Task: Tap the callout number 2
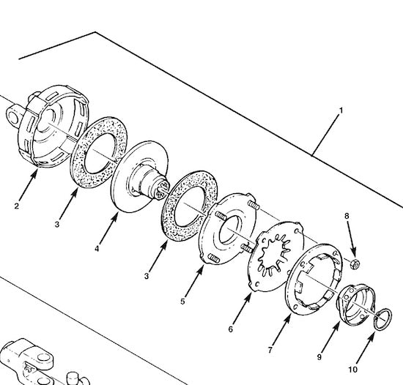(16, 206)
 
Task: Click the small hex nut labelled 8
(353, 262)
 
